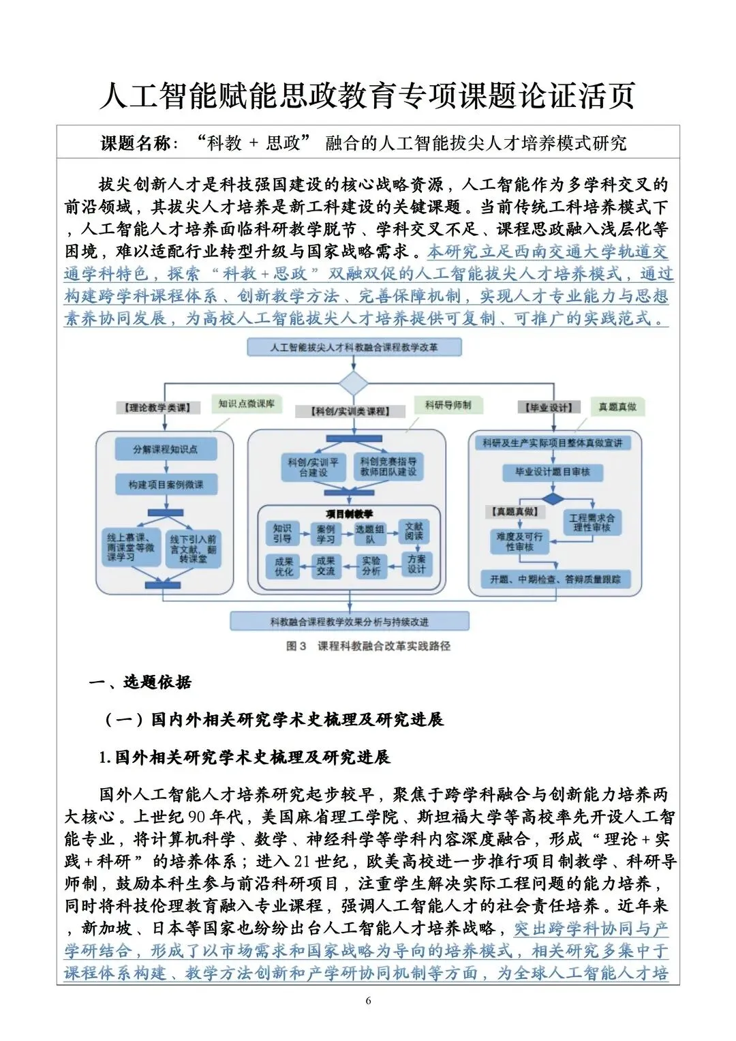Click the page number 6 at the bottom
pos(368,1001)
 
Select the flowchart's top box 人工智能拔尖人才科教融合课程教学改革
pos(354,348)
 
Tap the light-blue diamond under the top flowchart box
pos(354,383)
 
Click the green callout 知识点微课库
pos(247,404)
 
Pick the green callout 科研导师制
pos(448,406)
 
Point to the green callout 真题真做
pos(617,407)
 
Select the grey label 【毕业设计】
pos(549,408)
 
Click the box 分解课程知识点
pos(166,449)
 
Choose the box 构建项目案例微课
pos(166,485)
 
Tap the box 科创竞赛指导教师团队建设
pos(388,467)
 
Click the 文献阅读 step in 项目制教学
pos(414,532)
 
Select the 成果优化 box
pos(284,567)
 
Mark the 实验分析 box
pos(371,566)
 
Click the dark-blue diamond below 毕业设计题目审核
pos(553,499)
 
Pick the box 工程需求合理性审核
pos(592,523)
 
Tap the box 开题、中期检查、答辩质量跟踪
pos(555,579)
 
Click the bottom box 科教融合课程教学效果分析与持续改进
pos(349,622)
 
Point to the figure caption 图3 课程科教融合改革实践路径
pos(368,646)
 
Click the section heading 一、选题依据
pos(140,682)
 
